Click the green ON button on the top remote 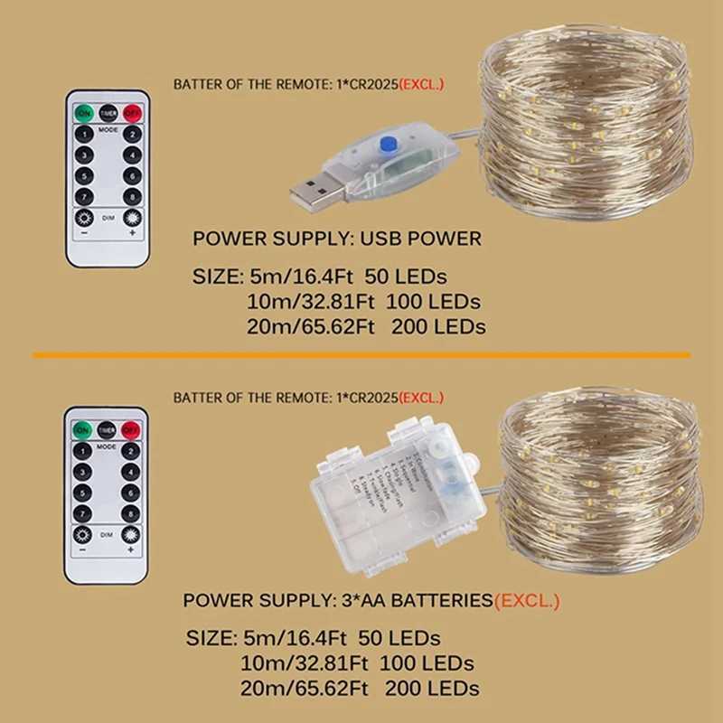point(84,113)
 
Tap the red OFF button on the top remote point(132,113)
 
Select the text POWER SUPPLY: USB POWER point(336,239)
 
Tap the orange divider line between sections point(361,355)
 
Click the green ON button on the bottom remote point(83,428)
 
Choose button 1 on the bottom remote point(83,450)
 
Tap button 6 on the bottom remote point(131,493)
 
